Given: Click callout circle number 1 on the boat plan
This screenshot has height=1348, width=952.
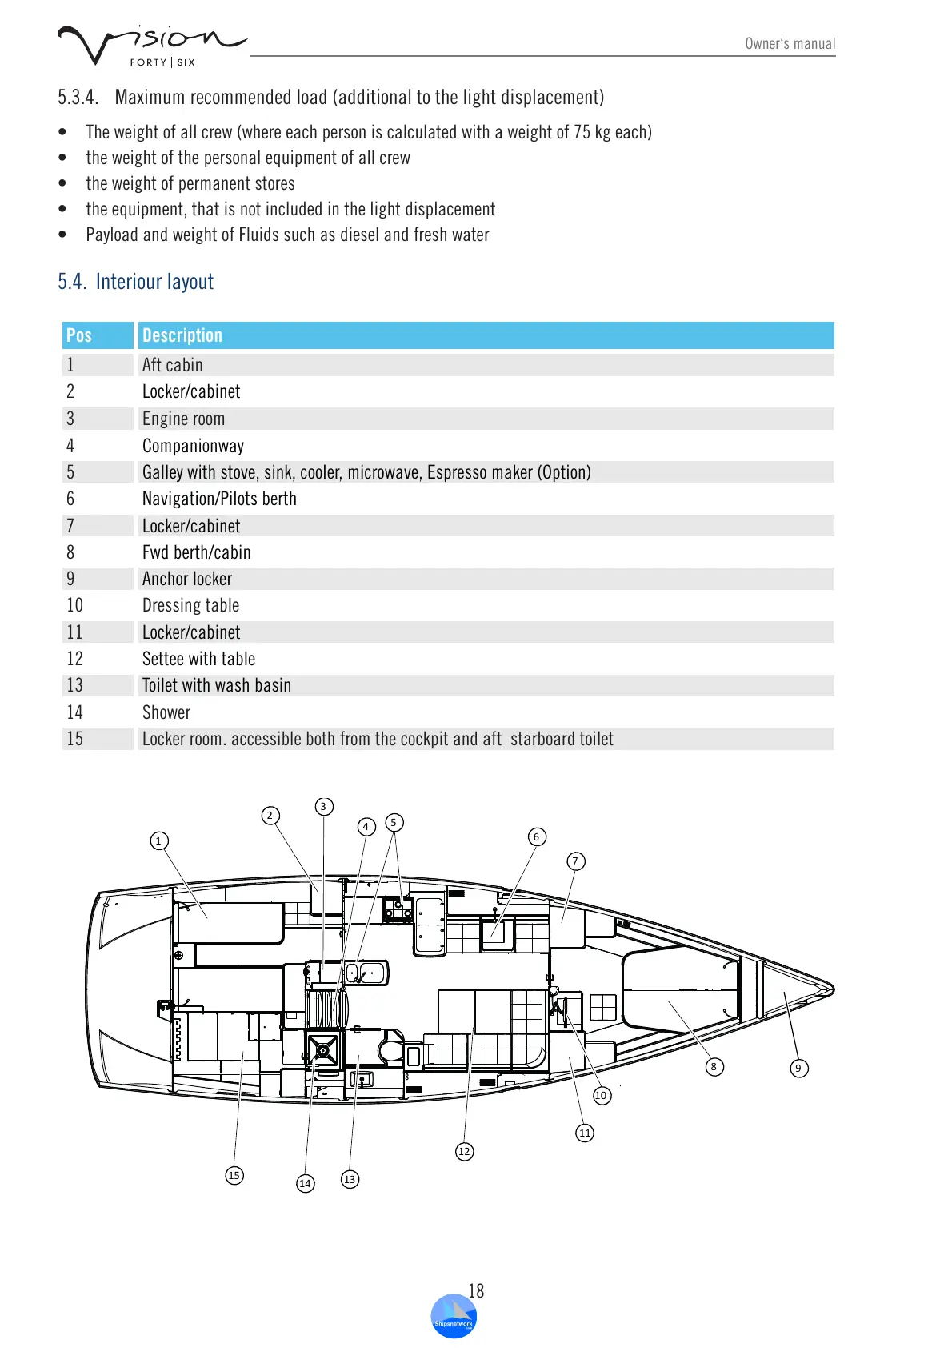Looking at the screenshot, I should (158, 840).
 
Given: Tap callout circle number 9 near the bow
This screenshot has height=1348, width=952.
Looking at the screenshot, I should (798, 1068).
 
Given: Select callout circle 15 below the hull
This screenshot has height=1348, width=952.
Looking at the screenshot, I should (234, 1175).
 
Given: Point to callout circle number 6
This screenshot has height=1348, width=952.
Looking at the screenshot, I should (537, 836).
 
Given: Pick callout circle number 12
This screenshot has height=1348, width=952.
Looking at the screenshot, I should (464, 1151).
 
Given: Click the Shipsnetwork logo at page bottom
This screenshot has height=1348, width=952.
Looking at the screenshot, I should (454, 1317).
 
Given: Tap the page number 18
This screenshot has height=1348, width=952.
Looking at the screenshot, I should (476, 1290).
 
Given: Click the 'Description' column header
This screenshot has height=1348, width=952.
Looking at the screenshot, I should (182, 335).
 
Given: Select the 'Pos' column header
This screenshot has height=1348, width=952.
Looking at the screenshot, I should (79, 335).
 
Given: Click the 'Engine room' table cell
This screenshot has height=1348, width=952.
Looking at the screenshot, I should (183, 419).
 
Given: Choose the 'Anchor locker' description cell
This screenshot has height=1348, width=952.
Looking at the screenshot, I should (187, 579).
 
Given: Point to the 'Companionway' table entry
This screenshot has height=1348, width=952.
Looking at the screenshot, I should (193, 446).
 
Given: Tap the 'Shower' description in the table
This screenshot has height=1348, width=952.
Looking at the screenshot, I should (166, 712).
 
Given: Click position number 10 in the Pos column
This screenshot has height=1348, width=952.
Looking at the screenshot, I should (75, 605).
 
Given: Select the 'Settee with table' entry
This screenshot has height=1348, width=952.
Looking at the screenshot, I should (198, 659).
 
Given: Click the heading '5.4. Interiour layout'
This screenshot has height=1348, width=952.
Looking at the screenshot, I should (135, 282).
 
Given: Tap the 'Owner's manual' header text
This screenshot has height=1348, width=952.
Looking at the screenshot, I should (790, 44).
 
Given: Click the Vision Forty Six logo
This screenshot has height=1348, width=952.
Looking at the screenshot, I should (150, 46).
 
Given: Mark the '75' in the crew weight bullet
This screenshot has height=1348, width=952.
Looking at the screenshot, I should (582, 132).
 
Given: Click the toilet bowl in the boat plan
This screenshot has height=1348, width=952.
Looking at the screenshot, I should (391, 1050).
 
